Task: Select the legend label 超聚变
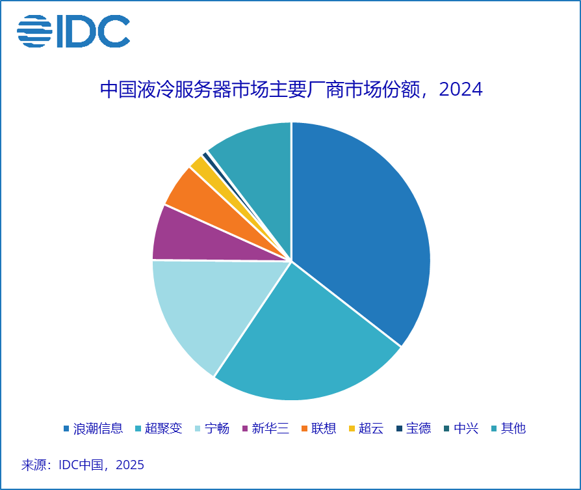(163, 429)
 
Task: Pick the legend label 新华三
(270, 429)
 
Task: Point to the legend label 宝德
(418, 429)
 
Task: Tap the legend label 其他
(513, 429)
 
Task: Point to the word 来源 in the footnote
(34, 465)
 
